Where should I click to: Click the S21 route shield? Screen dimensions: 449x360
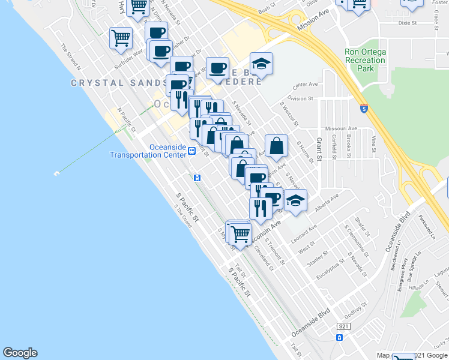[343, 326]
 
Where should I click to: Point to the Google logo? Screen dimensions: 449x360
[20, 353]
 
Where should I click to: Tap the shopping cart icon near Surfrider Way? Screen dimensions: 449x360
[121, 38]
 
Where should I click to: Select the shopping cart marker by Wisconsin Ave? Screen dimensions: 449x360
[240, 233]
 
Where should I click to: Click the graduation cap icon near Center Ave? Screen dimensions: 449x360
[261, 63]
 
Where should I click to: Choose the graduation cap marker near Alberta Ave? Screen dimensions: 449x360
[295, 200]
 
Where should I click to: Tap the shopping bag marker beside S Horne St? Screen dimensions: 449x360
[276, 146]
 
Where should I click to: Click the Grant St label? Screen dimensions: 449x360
[319, 149]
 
